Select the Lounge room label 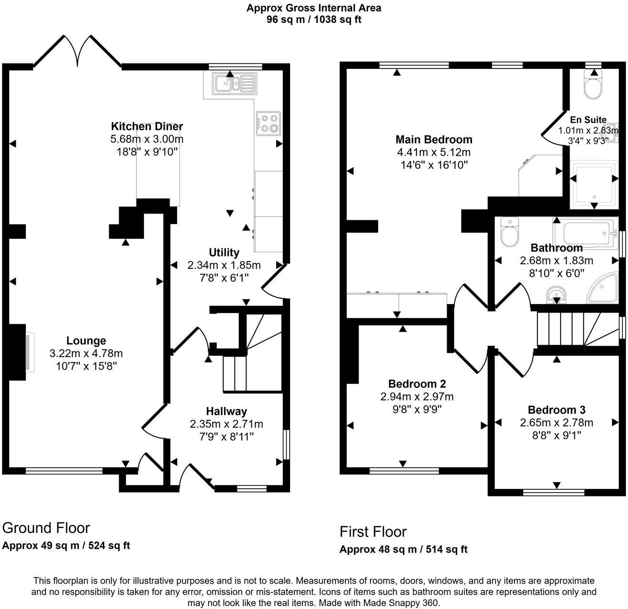[x=86, y=341]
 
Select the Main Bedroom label [x=434, y=140]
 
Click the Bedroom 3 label [x=556, y=410]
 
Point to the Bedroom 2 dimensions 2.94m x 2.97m [x=417, y=397]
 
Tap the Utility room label [x=224, y=252]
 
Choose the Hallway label [x=226, y=411]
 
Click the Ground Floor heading [x=46, y=528]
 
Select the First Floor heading [x=373, y=532]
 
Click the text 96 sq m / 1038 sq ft [x=314, y=20]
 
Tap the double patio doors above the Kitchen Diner [x=77, y=51]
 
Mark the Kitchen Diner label [x=147, y=127]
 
